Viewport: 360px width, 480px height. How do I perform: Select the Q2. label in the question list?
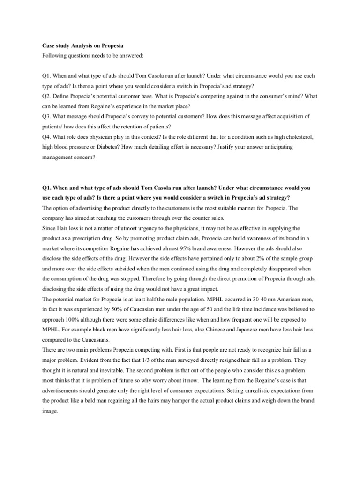47,96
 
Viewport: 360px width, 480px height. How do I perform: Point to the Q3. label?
47,116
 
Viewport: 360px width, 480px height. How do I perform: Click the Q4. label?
47,136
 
